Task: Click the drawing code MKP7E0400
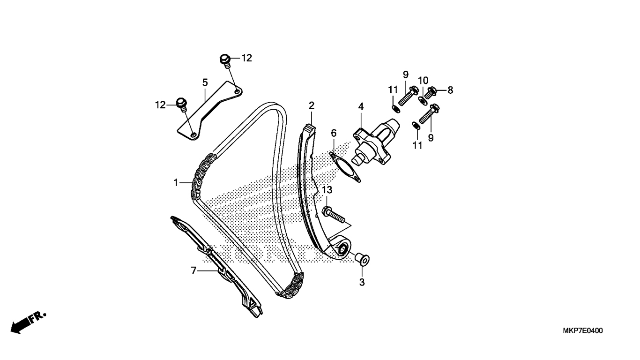[582, 331]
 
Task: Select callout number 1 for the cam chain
[176, 182]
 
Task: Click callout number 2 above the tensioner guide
[312, 105]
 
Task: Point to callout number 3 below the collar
[362, 282]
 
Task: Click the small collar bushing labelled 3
[362, 258]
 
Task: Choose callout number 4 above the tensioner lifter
[361, 107]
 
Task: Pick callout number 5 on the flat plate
[205, 82]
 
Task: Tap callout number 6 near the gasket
[334, 133]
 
